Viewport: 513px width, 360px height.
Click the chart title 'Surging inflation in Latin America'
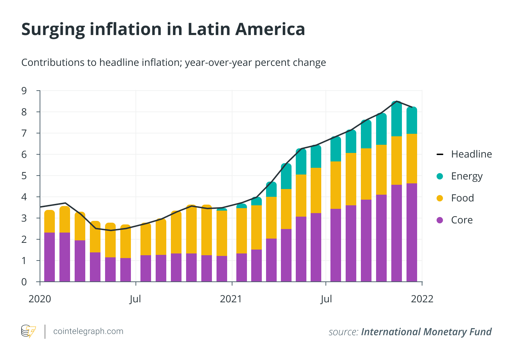coord(163,29)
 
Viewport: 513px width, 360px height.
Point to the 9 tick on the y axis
coord(24,91)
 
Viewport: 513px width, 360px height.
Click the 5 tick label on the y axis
coord(24,176)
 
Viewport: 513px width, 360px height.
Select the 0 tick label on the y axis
coord(24,282)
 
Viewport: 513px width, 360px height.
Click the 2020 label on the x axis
coord(40,299)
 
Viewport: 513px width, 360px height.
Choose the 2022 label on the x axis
coord(422,299)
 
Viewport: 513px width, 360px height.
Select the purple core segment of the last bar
coord(412,232)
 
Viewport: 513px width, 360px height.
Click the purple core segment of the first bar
coord(50,257)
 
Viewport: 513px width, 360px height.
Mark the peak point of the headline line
coord(397,102)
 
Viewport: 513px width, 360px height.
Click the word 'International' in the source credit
coord(391,332)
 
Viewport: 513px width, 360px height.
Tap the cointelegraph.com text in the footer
coord(88,331)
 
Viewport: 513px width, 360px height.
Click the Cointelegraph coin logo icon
coord(28,331)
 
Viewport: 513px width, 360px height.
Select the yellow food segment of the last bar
coord(412,159)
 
